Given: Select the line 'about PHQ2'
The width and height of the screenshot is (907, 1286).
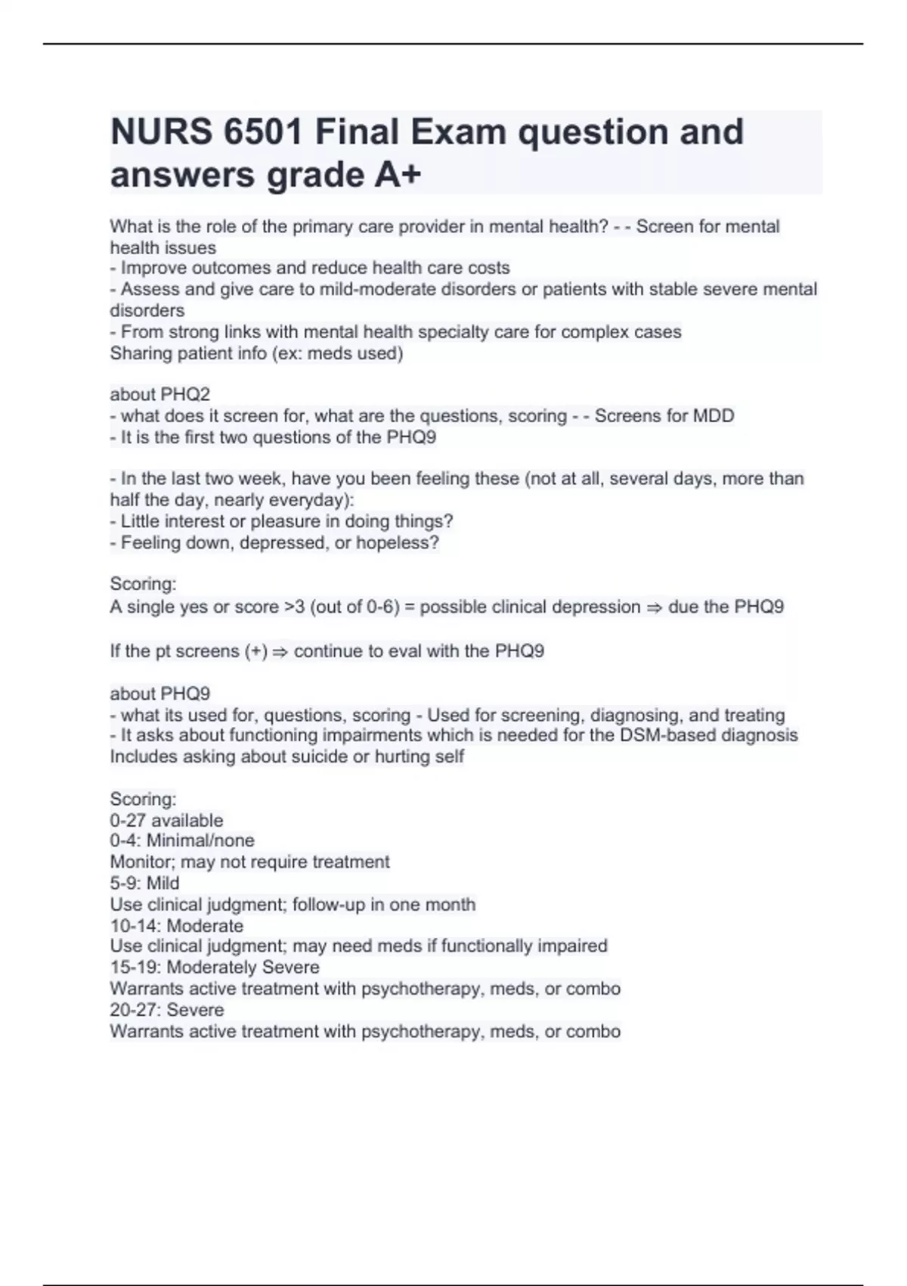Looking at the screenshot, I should coord(160,394).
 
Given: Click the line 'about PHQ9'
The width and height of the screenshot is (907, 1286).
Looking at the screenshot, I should coord(160,694).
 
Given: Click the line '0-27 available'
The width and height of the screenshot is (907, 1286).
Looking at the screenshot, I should coord(166,820).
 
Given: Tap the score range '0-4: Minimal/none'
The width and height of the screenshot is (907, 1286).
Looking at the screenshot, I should coord(182,840).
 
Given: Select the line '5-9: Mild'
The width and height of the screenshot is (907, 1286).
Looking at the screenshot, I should coord(144,883).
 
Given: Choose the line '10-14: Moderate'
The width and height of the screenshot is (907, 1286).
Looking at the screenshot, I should coord(177,926).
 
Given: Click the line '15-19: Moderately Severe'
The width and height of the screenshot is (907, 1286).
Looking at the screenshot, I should coord(215,968).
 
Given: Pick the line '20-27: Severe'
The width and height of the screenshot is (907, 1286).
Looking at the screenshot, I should coord(167,1010).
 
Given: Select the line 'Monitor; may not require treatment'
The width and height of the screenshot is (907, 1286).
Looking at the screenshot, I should coord(249,862).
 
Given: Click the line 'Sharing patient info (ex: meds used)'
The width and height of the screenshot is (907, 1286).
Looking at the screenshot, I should coord(256,353).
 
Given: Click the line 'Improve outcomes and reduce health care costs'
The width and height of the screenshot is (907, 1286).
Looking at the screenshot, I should coord(314,268).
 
